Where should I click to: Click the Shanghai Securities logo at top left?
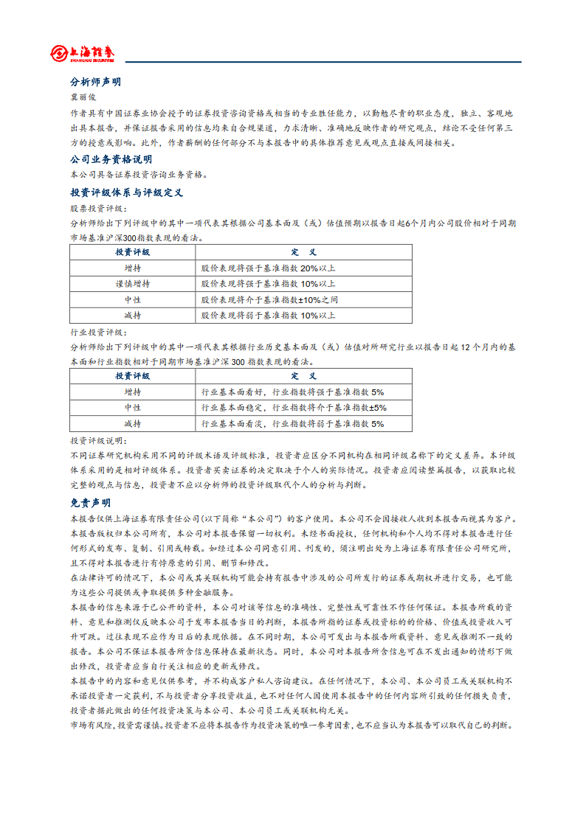click(x=83, y=53)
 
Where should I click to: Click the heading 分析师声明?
click(x=95, y=82)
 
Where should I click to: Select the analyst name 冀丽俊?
click(x=83, y=97)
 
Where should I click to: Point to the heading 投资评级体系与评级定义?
click(x=126, y=192)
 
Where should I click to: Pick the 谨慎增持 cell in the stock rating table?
click(x=133, y=284)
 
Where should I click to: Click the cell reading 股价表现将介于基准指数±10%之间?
click(x=269, y=300)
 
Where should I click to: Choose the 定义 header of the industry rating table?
click(x=303, y=376)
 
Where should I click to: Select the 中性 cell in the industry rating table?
click(x=133, y=408)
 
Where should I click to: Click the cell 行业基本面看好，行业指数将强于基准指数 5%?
click(x=292, y=392)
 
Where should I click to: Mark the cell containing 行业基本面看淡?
click(x=292, y=424)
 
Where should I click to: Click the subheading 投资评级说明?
click(x=98, y=440)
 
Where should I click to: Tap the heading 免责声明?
click(x=90, y=503)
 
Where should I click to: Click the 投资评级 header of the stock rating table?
click(x=133, y=252)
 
